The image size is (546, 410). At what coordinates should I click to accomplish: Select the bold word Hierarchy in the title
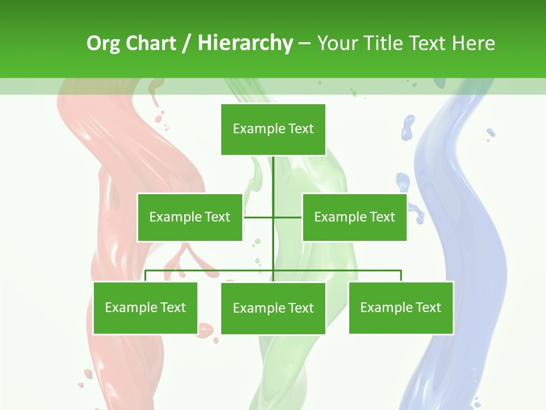[x=245, y=43]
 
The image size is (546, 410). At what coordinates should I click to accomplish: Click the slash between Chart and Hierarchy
[x=187, y=43]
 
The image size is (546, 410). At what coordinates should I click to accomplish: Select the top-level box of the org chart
[x=273, y=129]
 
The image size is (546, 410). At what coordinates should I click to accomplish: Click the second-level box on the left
[x=189, y=217]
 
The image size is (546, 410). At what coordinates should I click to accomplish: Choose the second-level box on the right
[x=354, y=217]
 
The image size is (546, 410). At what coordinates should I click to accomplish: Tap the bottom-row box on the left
[x=145, y=307]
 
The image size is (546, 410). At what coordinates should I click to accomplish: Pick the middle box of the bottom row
[x=273, y=308]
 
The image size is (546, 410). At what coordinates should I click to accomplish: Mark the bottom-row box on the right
[x=400, y=307]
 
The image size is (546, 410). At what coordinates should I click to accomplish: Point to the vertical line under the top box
[x=273, y=177]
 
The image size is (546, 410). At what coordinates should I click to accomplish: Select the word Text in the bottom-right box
[x=428, y=307]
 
